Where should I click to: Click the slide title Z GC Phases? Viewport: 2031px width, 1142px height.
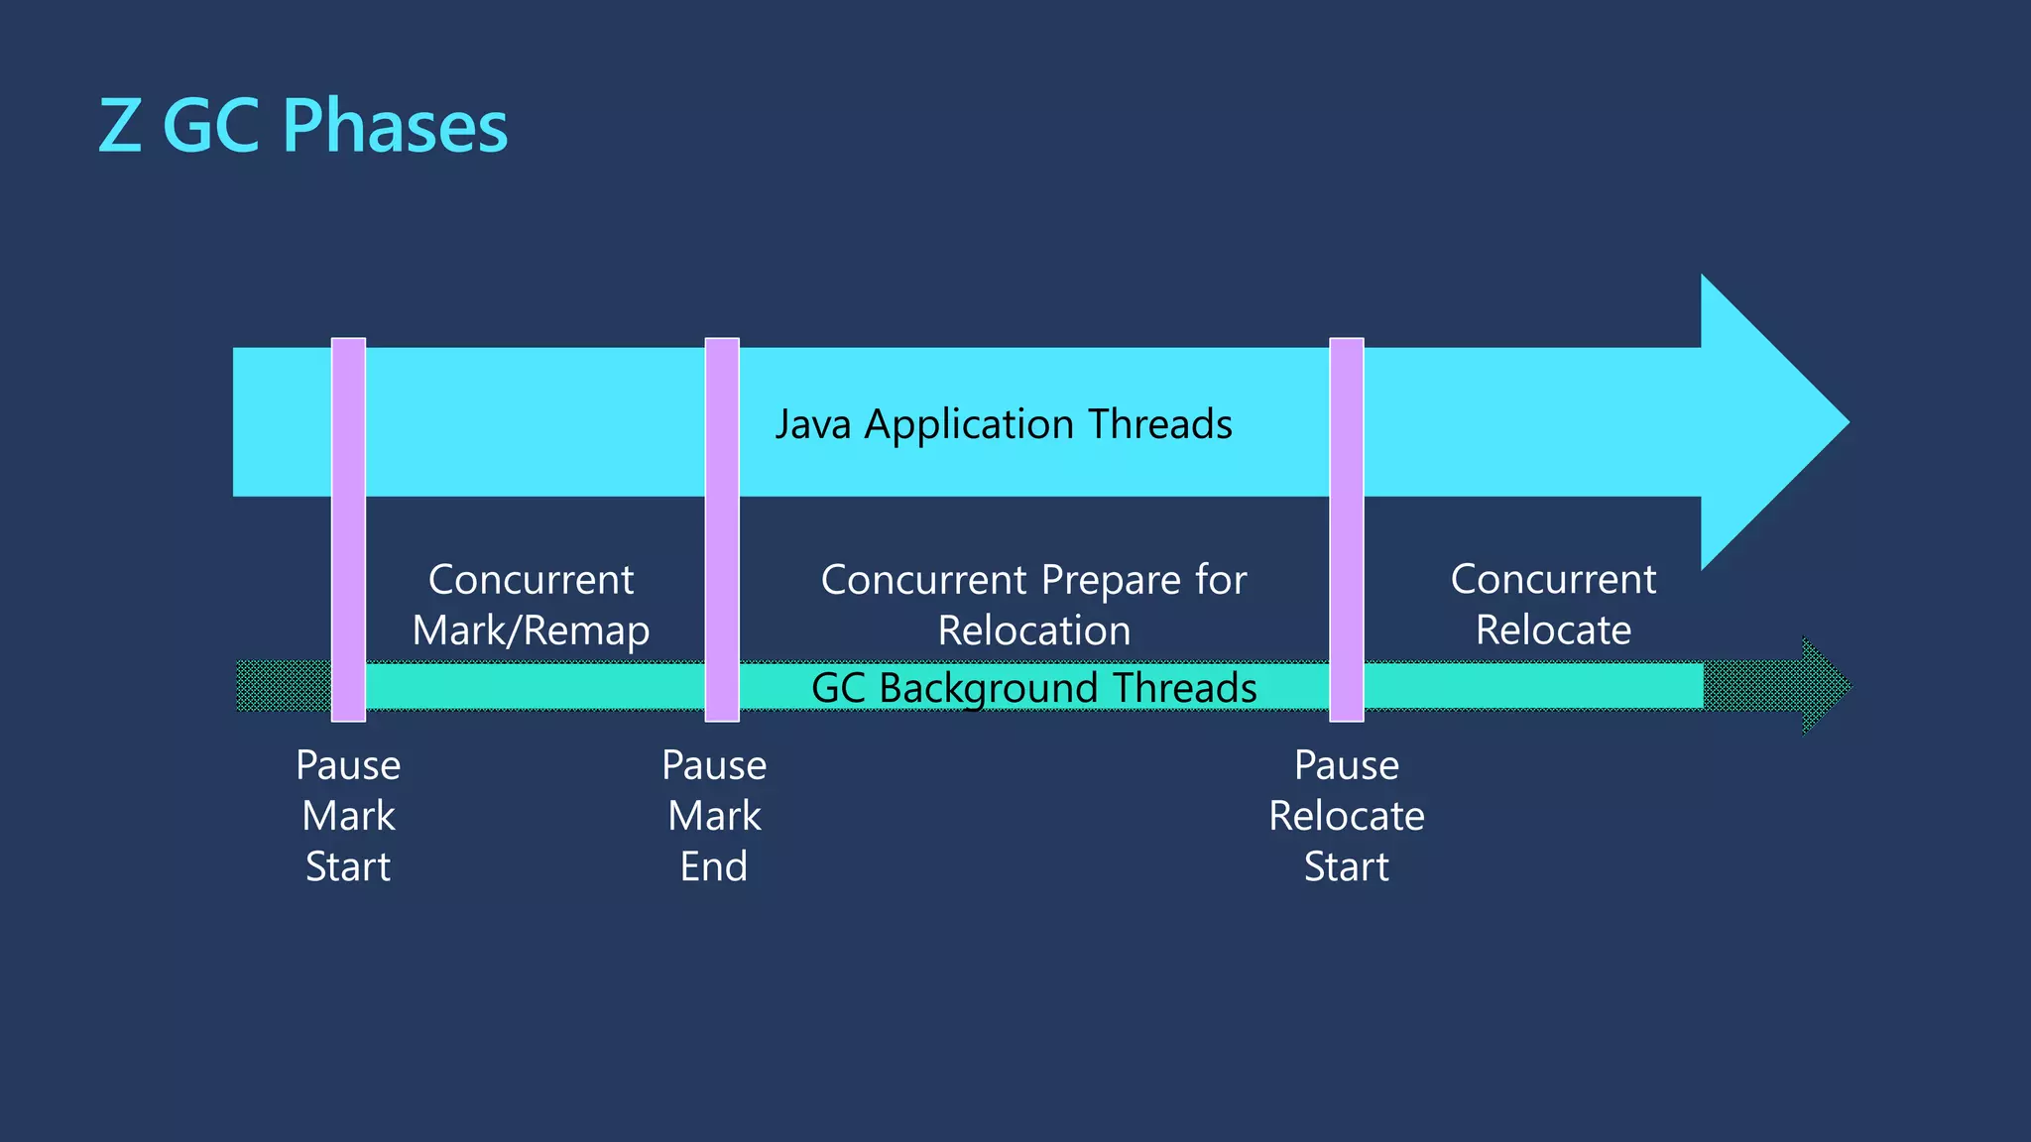click(x=302, y=126)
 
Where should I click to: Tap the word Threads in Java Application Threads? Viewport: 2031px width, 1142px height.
click(x=1159, y=424)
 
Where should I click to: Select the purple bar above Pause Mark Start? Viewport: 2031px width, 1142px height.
click(x=348, y=529)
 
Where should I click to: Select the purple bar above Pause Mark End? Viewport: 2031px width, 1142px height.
click(x=722, y=529)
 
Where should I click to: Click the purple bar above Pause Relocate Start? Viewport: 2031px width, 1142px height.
click(x=1346, y=529)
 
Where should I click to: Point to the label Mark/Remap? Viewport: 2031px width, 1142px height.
click(x=531, y=630)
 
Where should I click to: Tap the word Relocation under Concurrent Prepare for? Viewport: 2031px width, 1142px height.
click(x=1033, y=630)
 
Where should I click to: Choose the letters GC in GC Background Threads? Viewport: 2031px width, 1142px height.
click(x=838, y=688)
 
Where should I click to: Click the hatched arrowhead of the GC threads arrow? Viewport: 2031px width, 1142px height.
click(x=1820, y=686)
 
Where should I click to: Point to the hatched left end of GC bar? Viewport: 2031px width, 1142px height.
click(x=283, y=686)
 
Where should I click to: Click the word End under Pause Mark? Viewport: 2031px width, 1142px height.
click(x=713, y=866)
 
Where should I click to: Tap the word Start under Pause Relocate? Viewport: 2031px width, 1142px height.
click(x=1346, y=866)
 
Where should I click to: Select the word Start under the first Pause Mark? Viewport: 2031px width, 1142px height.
click(x=347, y=866)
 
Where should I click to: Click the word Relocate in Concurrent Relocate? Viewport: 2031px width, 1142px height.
click(x=1553, y=630)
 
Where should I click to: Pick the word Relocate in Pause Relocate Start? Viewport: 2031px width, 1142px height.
click(x=1346, y=816)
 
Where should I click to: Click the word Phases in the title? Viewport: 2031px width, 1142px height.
click(x=395, y=126)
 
